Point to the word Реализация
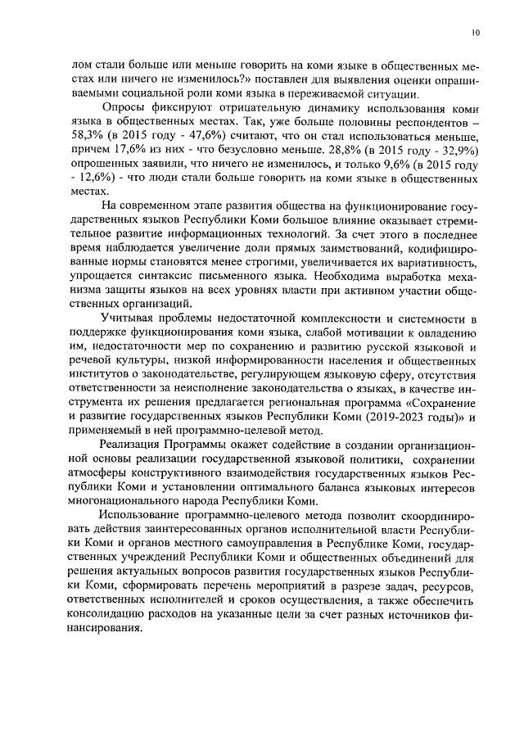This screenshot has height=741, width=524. tap(133, 446)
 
